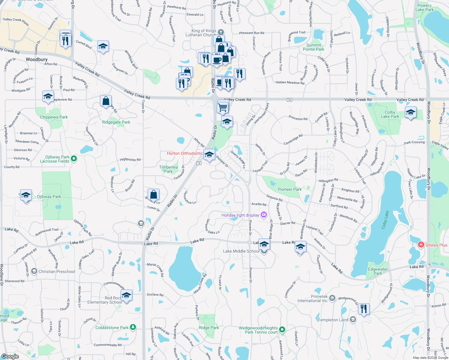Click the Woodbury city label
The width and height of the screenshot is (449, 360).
click(37, 59)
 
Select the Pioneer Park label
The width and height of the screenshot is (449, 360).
click(290, 189)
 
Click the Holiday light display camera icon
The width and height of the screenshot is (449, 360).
click(264, 214)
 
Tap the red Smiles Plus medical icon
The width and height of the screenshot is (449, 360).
click(421, 245)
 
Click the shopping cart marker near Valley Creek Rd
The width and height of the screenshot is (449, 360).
click(222, 107)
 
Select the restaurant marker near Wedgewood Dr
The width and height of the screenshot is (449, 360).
click(363, 308)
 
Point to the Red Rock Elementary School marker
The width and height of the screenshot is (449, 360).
click(126, 295)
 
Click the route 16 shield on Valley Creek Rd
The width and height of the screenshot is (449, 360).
click(289, 100)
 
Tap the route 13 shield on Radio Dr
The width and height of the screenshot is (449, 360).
click(199, 163)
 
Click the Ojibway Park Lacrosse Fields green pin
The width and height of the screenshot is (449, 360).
click(74, 158)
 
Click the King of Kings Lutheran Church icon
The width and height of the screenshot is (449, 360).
click(221, 32)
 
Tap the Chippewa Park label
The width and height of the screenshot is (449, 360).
click(54, 117)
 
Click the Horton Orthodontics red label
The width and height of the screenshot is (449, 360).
click(185, 153)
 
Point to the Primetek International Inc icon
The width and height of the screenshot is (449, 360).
click(332, 298)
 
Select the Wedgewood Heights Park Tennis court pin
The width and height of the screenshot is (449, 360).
click(282, 330)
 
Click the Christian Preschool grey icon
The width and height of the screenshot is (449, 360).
click(34, 271)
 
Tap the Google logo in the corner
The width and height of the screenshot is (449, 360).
click(10, 356)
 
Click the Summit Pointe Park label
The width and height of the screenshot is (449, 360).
click(313, 47)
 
